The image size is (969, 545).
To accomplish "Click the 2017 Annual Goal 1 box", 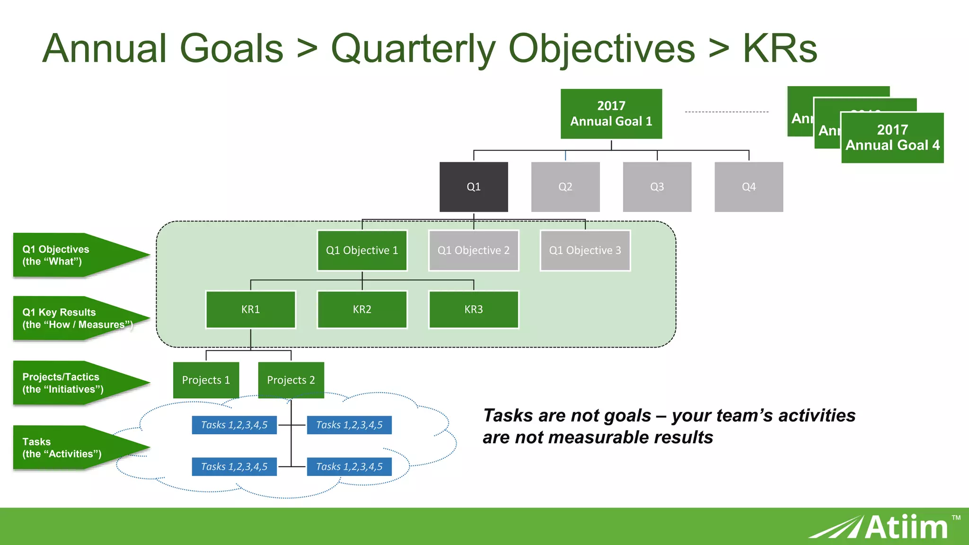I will (611, 114).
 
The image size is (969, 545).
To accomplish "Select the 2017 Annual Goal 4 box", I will (892, 138).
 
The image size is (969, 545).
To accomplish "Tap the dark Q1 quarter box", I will (474, 187).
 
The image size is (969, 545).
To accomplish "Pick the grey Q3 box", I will (657, 187).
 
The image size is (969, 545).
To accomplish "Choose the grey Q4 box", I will (749, 187).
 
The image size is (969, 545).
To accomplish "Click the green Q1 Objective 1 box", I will (362, 250).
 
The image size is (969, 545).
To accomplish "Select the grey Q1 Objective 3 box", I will (585, 250).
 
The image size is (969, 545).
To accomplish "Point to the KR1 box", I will (250, 309).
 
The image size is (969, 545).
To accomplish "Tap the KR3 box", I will (474, 309).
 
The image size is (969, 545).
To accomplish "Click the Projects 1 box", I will (206, 380).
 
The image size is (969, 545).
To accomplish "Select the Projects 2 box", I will (291, 380).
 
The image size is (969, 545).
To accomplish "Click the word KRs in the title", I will (780, 49).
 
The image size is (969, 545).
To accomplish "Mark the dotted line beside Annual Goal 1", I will (726, 112).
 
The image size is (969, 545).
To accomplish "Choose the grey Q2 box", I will (565, 187).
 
